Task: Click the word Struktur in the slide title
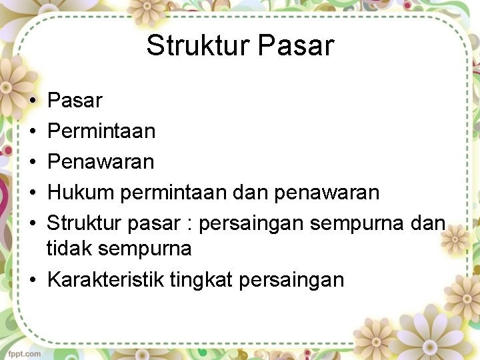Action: [197, 46]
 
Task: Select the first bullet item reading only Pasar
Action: [75, 101]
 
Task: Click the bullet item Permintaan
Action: [101, 131]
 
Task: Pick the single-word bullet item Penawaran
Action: [101, 162]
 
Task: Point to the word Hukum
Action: [81, 193]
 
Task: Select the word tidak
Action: [69, 249]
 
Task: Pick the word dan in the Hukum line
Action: [251, 193]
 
